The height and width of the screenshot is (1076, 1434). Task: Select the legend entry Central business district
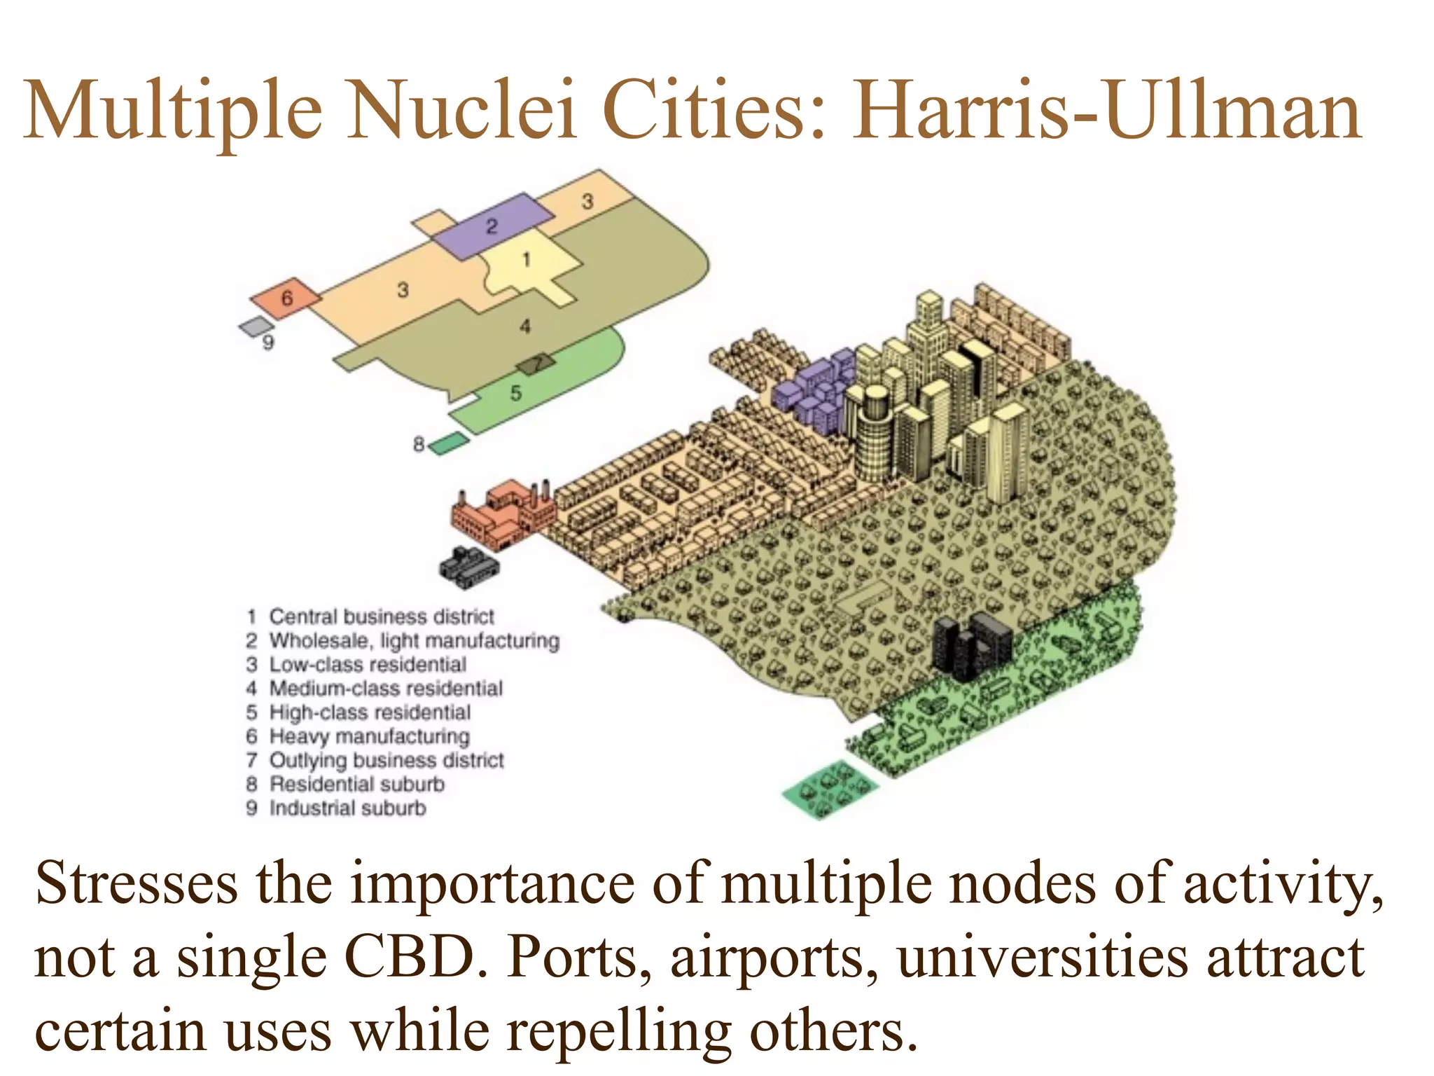(382, 616)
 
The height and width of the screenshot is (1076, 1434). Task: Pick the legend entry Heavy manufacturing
(370, 736)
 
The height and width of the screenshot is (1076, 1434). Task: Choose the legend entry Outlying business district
(387, 760)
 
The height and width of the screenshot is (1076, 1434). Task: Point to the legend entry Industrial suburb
(348, 808)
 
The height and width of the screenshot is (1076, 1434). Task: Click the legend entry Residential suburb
(357, 784)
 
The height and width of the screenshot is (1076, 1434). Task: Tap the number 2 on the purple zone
(492, 226)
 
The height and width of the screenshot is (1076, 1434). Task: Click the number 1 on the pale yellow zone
(527, 260)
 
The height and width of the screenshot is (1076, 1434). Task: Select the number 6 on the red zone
(287, 298)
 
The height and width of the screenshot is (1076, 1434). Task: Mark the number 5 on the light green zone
(516, 393)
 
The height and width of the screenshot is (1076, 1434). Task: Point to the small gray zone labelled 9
(256, 326)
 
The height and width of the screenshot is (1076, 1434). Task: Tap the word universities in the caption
(1043, 957)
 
